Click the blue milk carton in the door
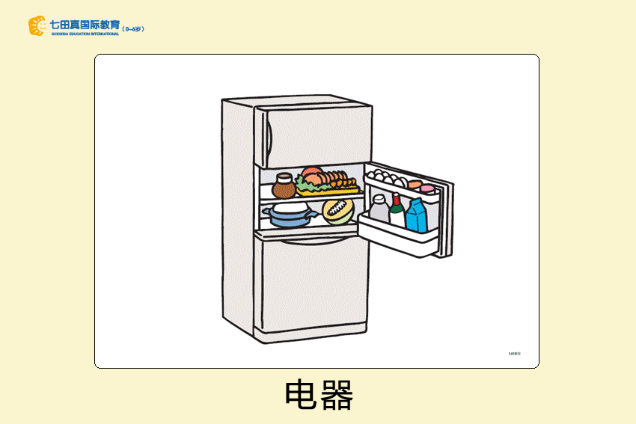pyautogui.click(x=416, y=216)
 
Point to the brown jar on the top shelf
pyautogui.click(x=284, y=185)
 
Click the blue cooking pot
pyautogui.click(x=288, y=218)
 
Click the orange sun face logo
pyautogui.click(x=37, y=26)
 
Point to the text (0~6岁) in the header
pyautogui.click(x=133, y=28)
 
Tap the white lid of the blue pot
pyautogui.click(x=288, y=208)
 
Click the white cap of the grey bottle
pyautogui.click(x=379, y=198)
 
